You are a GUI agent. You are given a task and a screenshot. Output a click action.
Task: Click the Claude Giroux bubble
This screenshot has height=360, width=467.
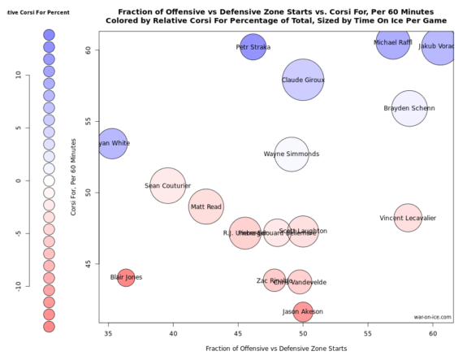303,80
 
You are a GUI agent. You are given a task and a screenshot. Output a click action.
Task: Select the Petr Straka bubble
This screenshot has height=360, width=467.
253,47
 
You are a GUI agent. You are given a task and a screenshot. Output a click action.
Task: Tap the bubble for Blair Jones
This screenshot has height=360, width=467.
126,277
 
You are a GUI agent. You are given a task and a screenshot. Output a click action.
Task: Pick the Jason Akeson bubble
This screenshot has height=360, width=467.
303,311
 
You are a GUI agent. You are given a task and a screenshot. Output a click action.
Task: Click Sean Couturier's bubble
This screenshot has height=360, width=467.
168,185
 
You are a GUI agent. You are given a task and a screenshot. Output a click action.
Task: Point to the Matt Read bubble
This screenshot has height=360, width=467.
206,207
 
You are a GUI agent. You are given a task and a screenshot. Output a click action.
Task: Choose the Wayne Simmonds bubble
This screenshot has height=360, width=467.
292,154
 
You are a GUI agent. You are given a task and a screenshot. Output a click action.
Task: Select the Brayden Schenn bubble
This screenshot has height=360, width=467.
409,108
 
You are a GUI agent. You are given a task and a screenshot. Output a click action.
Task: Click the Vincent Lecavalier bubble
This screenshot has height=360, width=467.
408,218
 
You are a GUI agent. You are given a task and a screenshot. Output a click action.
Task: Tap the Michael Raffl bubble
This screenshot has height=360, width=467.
393,41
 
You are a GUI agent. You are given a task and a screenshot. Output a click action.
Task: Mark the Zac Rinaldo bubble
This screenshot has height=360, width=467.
275,280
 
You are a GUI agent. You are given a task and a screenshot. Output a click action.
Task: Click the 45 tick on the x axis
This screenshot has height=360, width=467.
238,332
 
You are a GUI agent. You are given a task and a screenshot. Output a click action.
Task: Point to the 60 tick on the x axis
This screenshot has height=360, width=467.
433,332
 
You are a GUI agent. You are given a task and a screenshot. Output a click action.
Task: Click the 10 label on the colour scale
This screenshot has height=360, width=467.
17,74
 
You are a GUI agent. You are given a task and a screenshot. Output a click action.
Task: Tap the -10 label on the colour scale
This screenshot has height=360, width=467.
17,284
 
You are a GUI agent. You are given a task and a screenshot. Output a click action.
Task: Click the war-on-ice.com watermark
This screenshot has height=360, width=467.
431,318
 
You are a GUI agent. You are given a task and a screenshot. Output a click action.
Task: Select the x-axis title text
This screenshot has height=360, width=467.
276,348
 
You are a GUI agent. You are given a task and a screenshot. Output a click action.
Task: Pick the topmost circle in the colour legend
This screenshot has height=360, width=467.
48,35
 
